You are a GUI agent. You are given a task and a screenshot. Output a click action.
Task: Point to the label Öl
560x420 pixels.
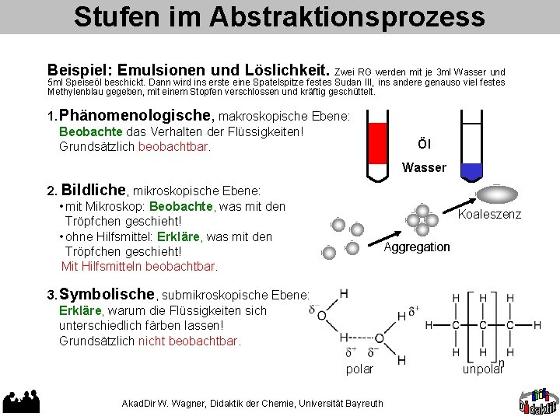click(424, 144)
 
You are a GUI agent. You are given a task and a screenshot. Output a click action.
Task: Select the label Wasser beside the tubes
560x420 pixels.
click(424, 167)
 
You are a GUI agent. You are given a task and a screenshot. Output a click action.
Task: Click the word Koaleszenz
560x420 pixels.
click(490, 215)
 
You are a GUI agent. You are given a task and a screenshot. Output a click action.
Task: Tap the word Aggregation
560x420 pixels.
click(417, 247)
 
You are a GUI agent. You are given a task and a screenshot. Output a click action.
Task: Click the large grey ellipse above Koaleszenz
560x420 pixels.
click(495, 193)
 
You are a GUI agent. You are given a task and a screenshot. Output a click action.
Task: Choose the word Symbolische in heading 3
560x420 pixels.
click(107, 294)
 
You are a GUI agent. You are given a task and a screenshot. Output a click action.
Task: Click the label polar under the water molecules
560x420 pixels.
click(359, 369)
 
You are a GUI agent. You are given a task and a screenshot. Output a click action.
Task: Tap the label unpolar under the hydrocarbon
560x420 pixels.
click(483, 369)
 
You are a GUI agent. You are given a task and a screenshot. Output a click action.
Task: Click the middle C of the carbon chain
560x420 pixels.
click(483, 324)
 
